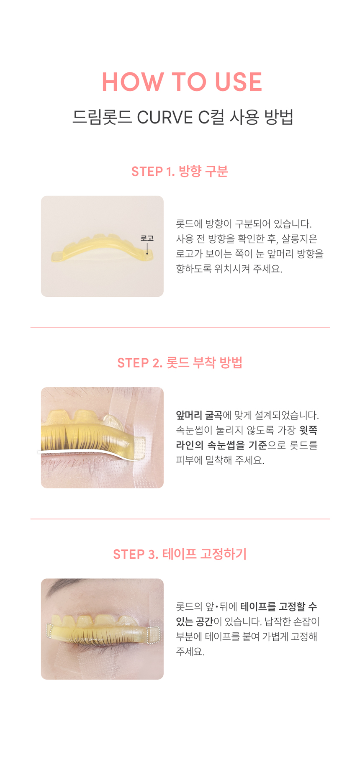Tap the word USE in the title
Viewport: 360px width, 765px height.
click(x=239, y=82)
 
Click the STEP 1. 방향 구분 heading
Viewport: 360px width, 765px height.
click(x=180, y=171)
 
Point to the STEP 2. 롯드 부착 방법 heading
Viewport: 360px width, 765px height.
click(x=180, y=362)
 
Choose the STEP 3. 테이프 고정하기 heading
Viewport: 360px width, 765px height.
click(x=180, y=554)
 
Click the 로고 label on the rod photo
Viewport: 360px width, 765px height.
click(x=147, y=239)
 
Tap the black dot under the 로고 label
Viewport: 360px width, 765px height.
click(x=147, y=253)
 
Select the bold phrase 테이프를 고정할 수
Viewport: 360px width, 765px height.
click(x=279, y=606)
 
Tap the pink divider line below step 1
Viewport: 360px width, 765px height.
click(x=180, y=328)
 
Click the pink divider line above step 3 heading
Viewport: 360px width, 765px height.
click(x=180, y=519)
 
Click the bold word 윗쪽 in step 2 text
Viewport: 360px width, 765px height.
click(x=309, y=430)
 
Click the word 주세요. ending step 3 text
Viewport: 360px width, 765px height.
click(x=190, y=652)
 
